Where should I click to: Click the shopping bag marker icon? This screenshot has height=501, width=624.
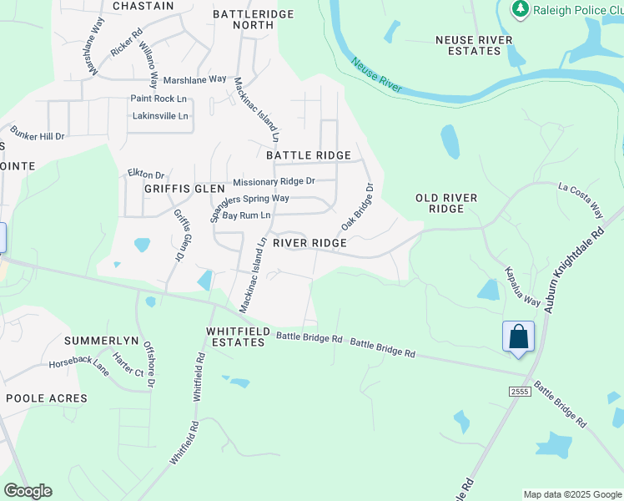(518, 337)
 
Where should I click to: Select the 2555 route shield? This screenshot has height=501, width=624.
(520, 391)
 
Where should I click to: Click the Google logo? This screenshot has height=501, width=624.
(28, 491)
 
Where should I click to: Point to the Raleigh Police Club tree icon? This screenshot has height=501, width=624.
(521, 9)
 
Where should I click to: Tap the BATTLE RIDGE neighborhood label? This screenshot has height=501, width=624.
(308, 155)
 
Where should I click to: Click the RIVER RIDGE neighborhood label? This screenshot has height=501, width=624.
(309, 243)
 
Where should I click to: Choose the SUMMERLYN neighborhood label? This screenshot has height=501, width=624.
(100, 342)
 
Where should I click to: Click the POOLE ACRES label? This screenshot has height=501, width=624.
(47, 398)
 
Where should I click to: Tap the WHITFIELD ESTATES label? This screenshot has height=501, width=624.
(239, 337)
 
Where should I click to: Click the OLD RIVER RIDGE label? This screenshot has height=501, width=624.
(446, 203)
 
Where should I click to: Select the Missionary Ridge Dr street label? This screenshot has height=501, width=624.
(274, 181)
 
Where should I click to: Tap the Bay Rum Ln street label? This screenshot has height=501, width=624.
(246, 215)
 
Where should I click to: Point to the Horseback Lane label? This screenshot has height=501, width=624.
(79, 365)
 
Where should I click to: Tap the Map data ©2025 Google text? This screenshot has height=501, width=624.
(572, 494)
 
